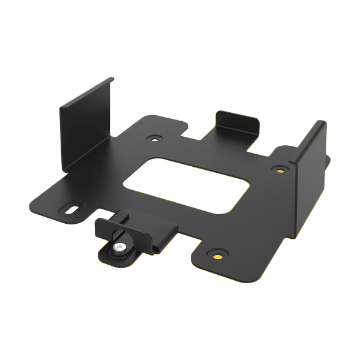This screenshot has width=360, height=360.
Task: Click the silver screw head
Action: click(x=119, y=246)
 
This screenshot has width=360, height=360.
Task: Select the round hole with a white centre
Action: click(x=156, y=137)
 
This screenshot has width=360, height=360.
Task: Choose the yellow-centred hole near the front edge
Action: click(x=218, y=253)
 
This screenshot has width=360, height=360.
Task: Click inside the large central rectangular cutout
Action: click(x=191, y=184)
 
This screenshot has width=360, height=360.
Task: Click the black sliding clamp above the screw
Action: click(x=135, y=231)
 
